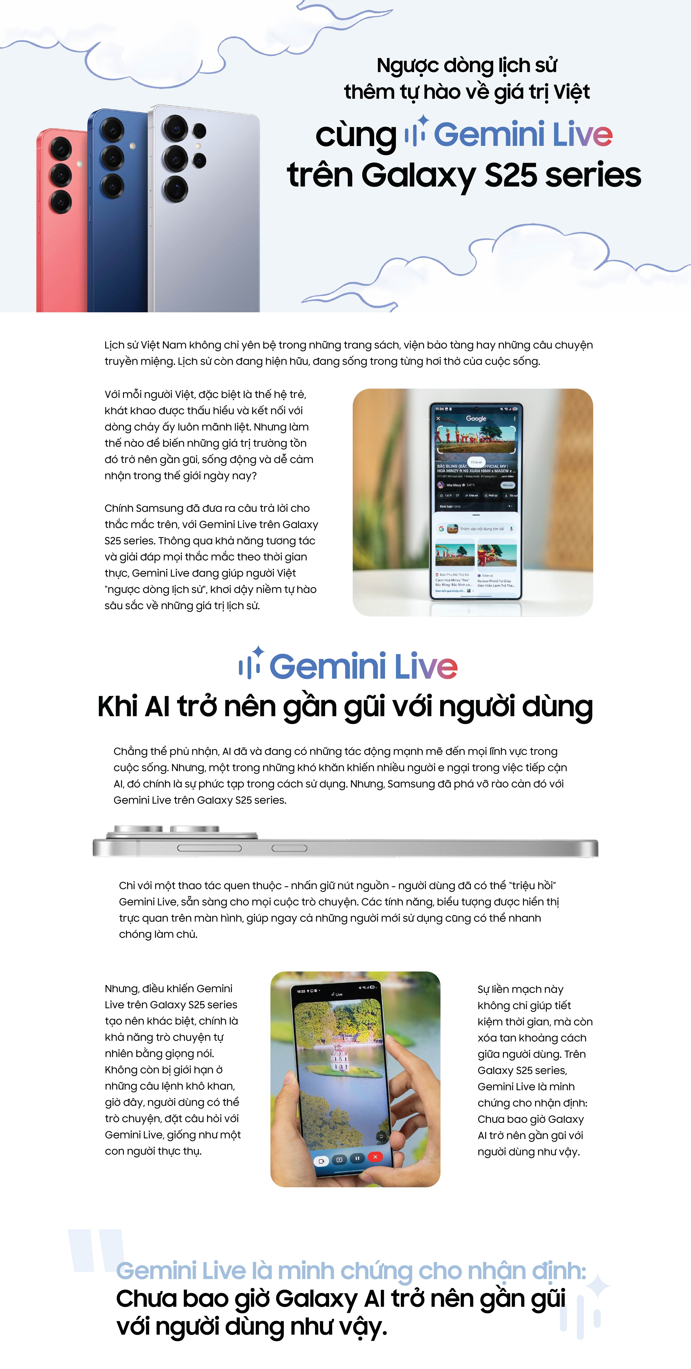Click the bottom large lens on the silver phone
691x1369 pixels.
tap(175, 189)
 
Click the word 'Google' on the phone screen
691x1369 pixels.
tap(476, 419)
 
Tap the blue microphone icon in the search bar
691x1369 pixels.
tap(511, 529)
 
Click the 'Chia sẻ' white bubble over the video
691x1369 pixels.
tap(476, 462)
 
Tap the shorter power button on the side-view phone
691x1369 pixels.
tap(290, 848)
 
